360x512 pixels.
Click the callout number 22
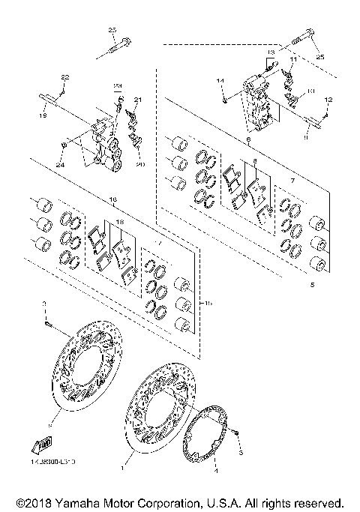click(x=64, y=78)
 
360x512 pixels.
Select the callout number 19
click(x=43, y=116)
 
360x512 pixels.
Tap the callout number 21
click(x=137, y=100)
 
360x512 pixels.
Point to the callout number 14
click(x=220, y=79)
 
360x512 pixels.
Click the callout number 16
click(x=113, y=200)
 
